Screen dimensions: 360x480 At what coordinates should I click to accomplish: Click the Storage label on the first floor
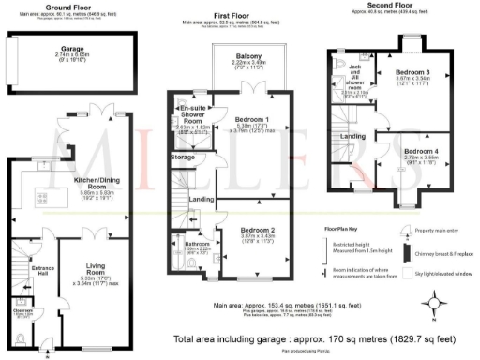(183, 157)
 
